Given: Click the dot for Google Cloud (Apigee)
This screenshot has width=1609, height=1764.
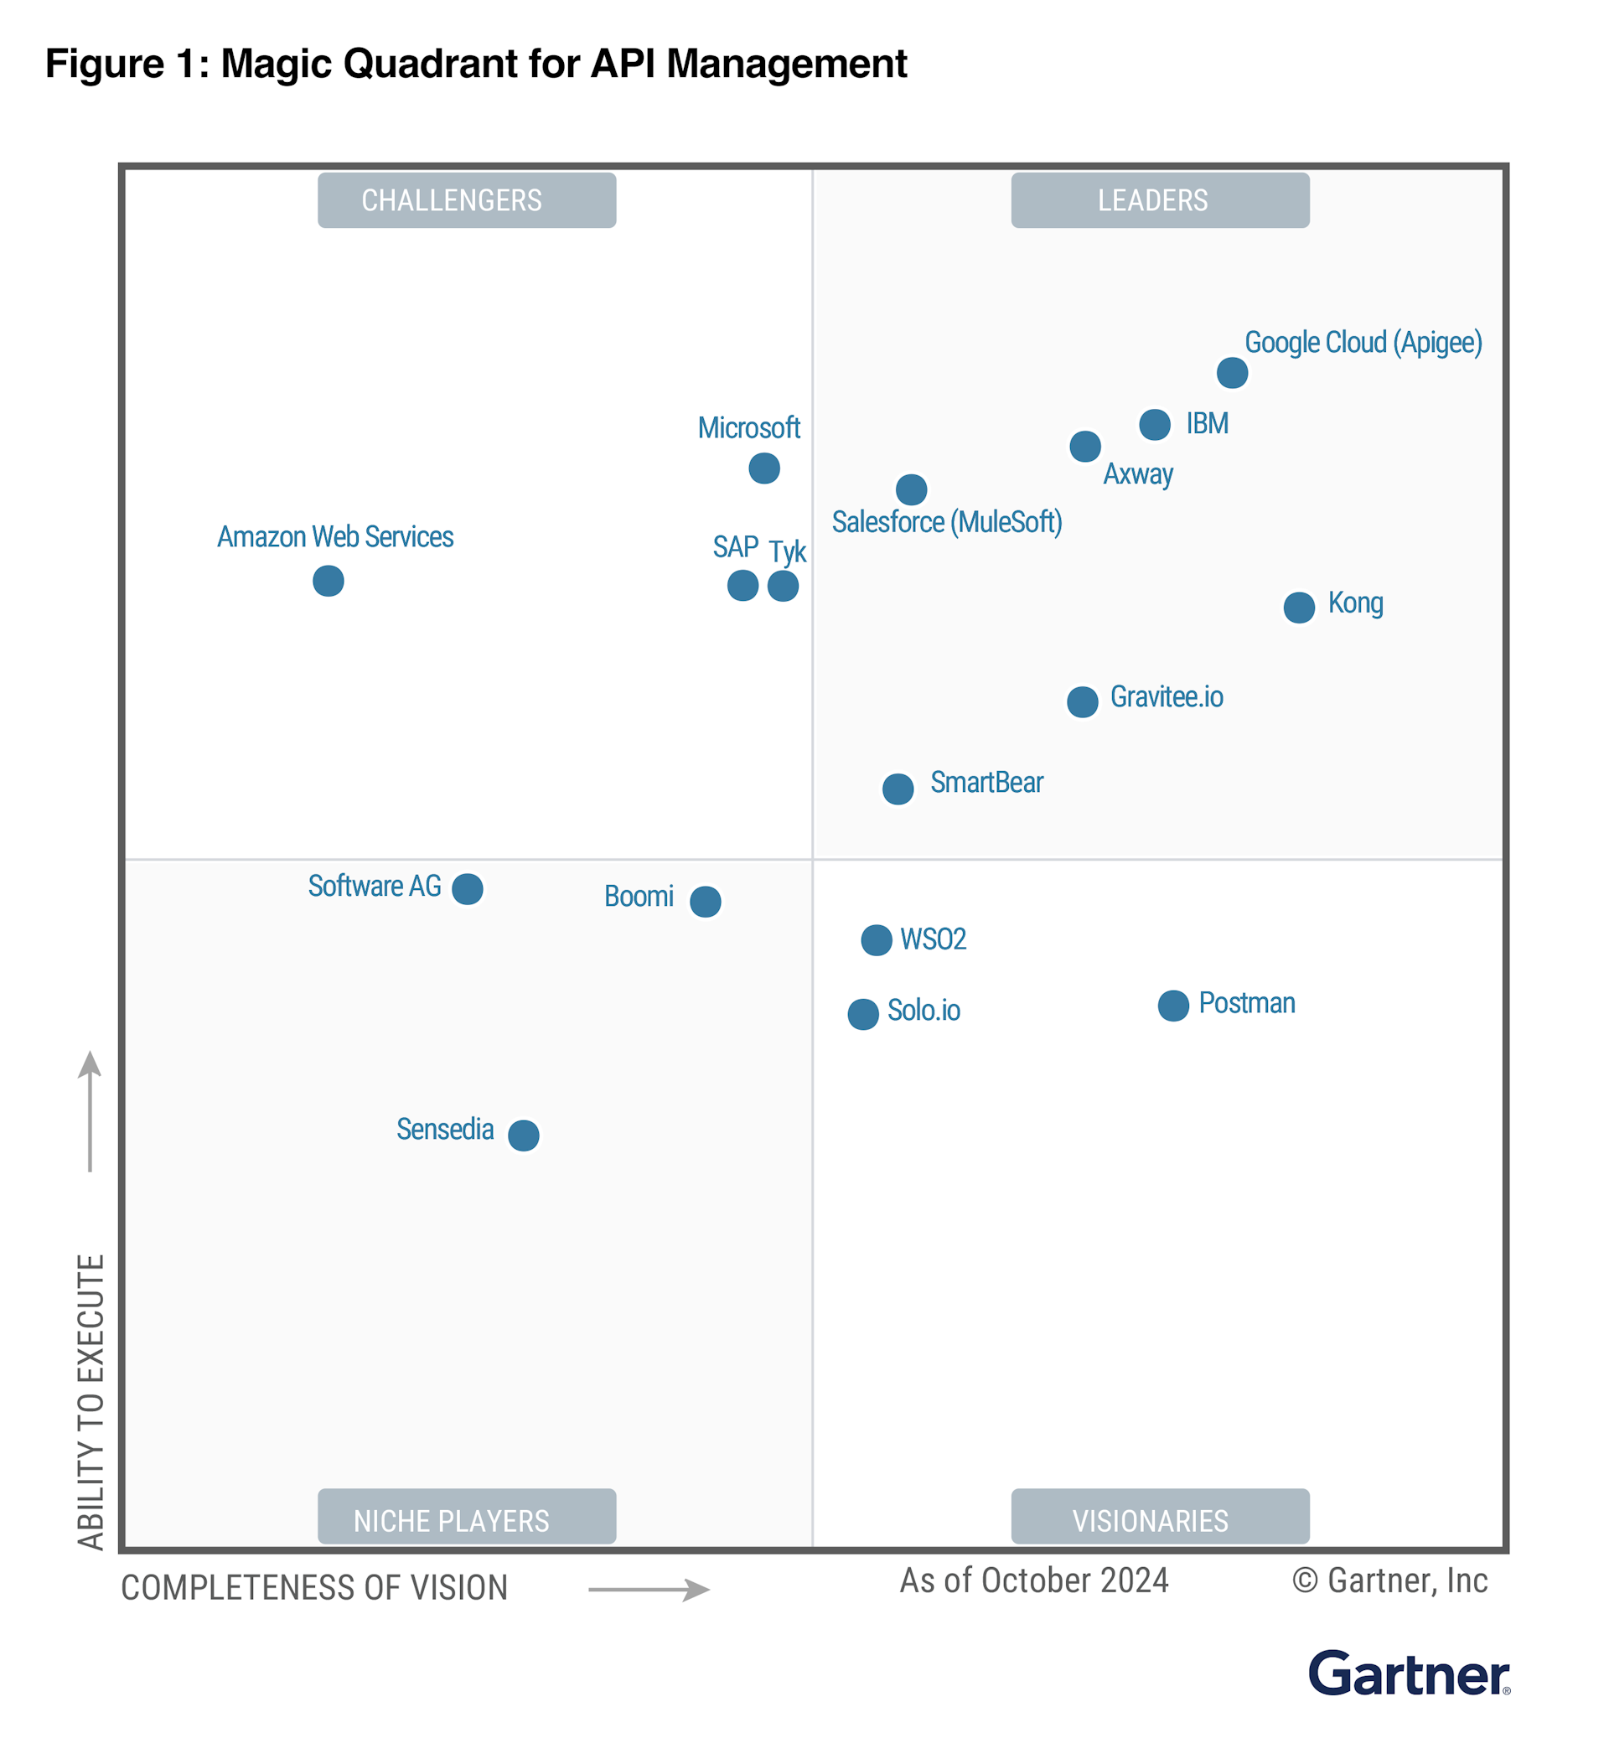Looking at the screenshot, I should pos(1232,373).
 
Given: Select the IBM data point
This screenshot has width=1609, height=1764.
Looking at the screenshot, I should pos(1155,424).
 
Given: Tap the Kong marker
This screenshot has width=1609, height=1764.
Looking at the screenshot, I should pos(1299,608).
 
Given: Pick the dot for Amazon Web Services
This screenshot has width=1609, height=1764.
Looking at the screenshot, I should pos(329,580).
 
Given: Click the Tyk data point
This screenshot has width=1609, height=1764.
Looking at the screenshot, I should pos(783,586).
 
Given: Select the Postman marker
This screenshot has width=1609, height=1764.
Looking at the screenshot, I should pos(1173,1006).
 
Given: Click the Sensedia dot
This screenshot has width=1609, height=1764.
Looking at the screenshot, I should pos(523,1135).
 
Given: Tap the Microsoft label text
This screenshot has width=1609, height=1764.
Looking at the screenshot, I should pos(749,428).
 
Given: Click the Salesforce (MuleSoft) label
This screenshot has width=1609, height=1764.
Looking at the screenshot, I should pos(947,522).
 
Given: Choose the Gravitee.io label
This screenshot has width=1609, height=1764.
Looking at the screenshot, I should pos(1167,696).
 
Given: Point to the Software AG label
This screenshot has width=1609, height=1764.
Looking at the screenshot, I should pos(375,886).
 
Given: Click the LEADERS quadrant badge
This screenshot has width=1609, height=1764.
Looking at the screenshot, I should pos(1159,200).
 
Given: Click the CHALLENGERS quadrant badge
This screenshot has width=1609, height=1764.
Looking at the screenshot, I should pos(466,200).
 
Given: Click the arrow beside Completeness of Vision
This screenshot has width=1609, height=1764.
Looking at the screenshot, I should pos(649,1589).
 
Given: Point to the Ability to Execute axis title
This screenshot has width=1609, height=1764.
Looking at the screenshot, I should pos(91,1401).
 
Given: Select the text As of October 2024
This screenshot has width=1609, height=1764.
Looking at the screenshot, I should pos(1033,1581).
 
